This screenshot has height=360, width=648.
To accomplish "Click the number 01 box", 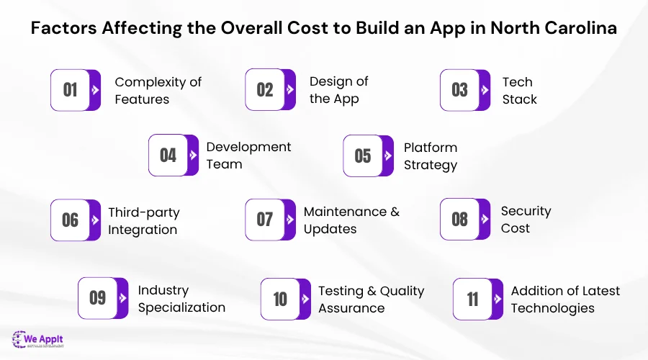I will pyautogui.click(x=71, y=90).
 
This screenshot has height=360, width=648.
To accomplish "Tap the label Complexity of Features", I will pyautogui.click(x=158, y=90).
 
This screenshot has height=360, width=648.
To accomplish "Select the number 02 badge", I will pyautogui.click(x=265, y=90).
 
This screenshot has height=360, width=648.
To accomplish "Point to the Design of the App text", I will pyautogui.click(x=338, y=90).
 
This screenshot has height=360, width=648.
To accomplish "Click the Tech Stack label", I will pyautogui.click(x=519, y=90).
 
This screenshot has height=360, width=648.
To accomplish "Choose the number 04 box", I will pyautogui.click(x=168, y=156).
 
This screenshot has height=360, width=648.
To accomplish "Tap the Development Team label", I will pyautogui.click(x=248, y=156).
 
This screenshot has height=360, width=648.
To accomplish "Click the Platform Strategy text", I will pyautogui.click(x=430, y=156).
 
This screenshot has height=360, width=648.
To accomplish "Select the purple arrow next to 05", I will pyautogui.click(x=388, y=156).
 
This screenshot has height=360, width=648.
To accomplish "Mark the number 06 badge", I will pyautogui.click(x=71, y=220).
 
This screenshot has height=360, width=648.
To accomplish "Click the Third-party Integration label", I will pyautogui.click(x=143, y=221).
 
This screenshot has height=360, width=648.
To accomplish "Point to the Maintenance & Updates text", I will pyautogui.click(x=351, y=220).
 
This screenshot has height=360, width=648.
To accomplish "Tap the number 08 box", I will pyautogui.click(x=460, y=220).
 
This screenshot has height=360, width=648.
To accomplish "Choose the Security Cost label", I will pyautogui.click(x=526, y=220).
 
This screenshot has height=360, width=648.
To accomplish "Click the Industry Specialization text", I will pyautogui.click(x=181, y=299).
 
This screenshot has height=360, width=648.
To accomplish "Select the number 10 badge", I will pyautogui.click(x=280, y=299).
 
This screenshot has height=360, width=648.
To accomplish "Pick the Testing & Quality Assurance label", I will pyautogui.click(x=371, y=299).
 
